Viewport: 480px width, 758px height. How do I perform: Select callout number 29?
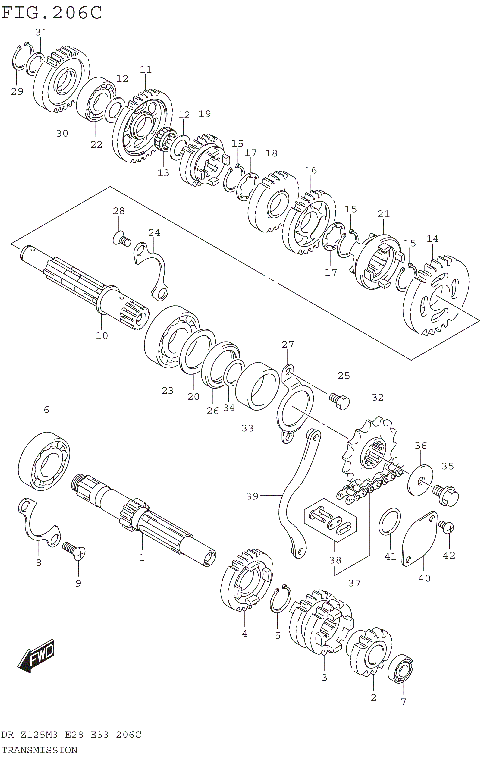pos(16,92)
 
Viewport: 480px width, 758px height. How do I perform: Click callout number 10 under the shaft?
pos(100,335)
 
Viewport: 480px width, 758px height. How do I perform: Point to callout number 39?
pos(252,496)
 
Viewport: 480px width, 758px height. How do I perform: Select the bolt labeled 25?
pos(336,400)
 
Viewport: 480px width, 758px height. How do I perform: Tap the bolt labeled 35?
pos(445,492)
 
